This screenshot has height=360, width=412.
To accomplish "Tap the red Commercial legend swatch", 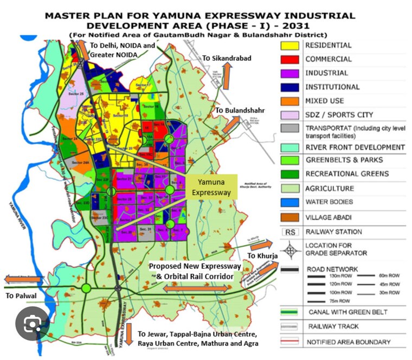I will click(289, 60).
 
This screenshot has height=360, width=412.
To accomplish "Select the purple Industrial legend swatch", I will click(289, 73).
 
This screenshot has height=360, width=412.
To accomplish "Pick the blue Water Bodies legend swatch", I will click(289, 203).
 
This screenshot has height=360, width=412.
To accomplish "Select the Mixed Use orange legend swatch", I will click(289, 101).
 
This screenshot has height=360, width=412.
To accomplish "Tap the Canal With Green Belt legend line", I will click(289, 312).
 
